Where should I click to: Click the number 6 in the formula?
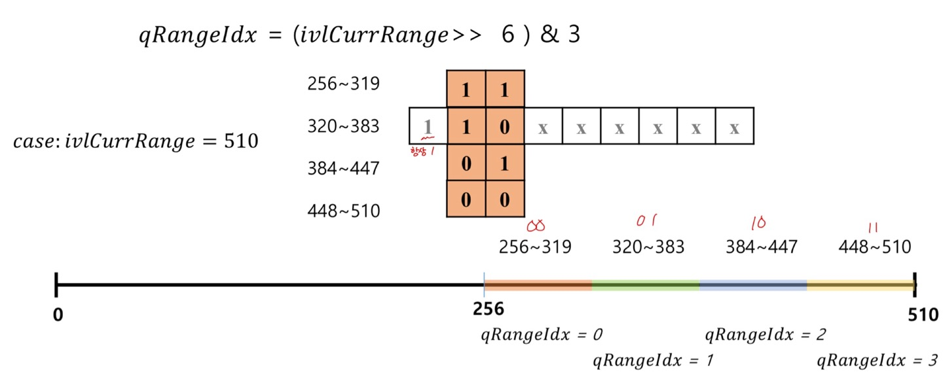508,35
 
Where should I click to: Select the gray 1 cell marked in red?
428,126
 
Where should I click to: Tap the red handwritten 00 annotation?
536,226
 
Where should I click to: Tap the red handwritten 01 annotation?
646,222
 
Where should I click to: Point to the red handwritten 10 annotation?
759,224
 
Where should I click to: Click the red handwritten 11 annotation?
873,226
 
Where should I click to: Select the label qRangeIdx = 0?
542,335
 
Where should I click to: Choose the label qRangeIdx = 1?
653,360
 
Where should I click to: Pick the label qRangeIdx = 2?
765,335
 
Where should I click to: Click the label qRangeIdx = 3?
878,360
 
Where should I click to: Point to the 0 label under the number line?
58,315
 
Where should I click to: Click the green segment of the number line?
646,285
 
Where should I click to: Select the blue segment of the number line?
753,285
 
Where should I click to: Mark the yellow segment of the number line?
859,285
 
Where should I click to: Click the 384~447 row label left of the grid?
343,169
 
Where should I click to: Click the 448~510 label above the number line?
874,247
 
